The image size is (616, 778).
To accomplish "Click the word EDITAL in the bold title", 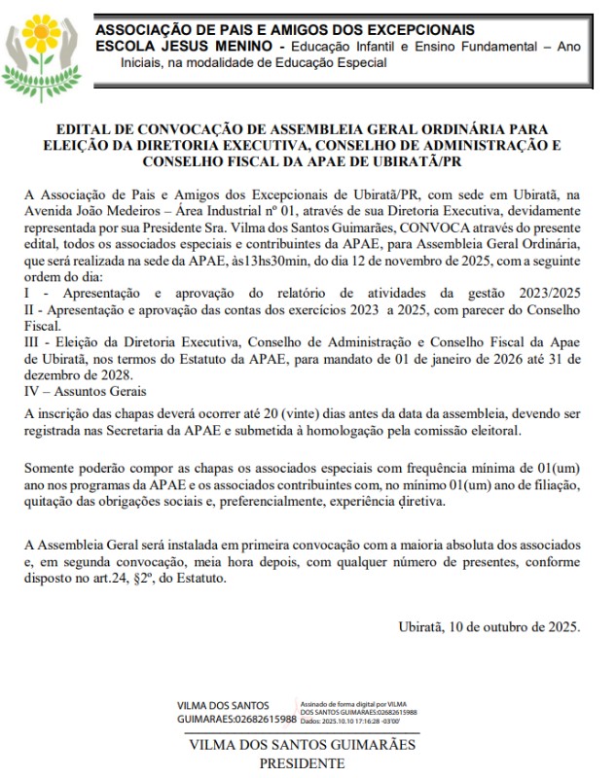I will click(85, 128).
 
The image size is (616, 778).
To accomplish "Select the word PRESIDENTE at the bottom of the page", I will click(302, 764).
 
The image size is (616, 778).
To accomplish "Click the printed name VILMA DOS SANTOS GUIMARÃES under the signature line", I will click(302, 745).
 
